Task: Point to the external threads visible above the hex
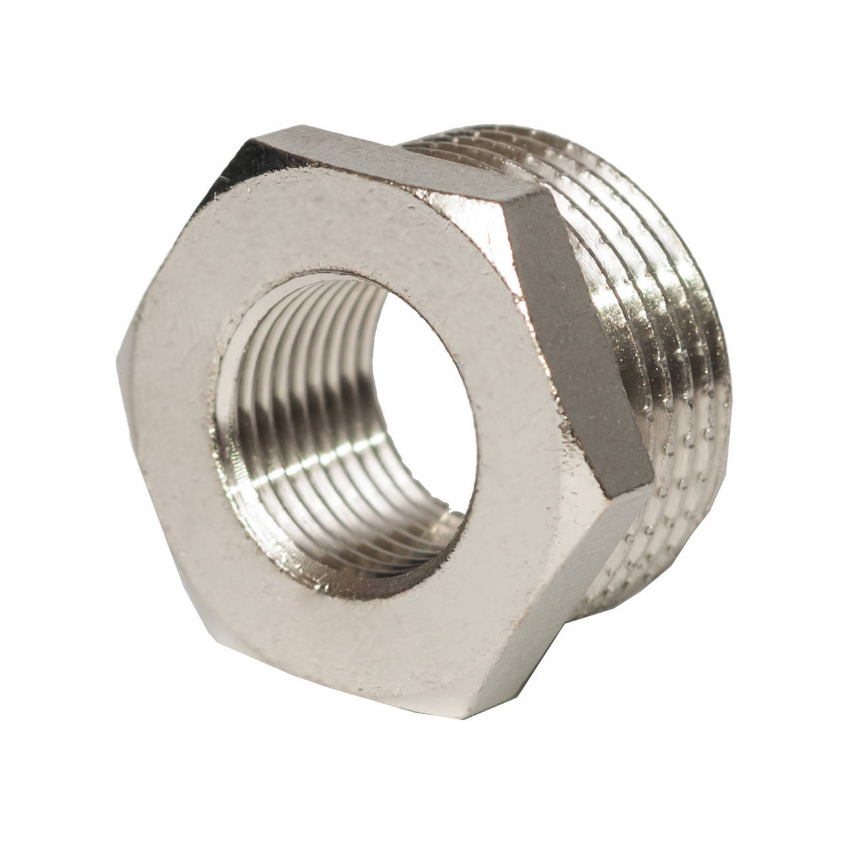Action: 461,142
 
